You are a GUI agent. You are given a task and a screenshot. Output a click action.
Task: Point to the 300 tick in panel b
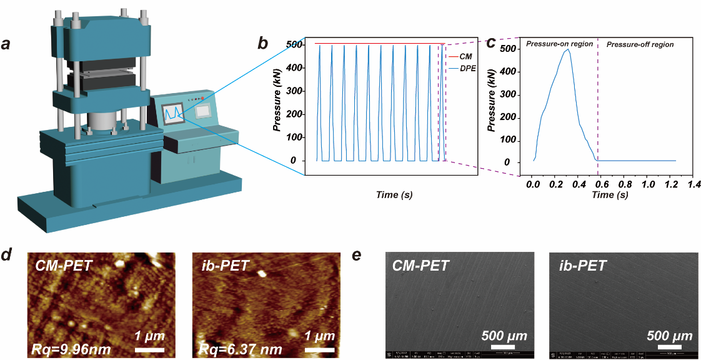294,91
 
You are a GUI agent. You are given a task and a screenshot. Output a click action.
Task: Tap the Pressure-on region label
559,44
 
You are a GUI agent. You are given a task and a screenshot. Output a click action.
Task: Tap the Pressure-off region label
640,44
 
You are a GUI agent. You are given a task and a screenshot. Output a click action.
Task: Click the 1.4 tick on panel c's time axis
691,186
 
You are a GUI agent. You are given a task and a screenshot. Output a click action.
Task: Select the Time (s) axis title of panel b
394,195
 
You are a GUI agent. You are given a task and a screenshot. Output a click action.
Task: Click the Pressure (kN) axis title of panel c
492,104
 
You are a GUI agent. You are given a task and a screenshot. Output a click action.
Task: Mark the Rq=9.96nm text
67,347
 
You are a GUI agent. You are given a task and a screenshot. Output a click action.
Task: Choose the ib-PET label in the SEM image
582,266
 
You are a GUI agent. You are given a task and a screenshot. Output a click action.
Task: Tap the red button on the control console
202,98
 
